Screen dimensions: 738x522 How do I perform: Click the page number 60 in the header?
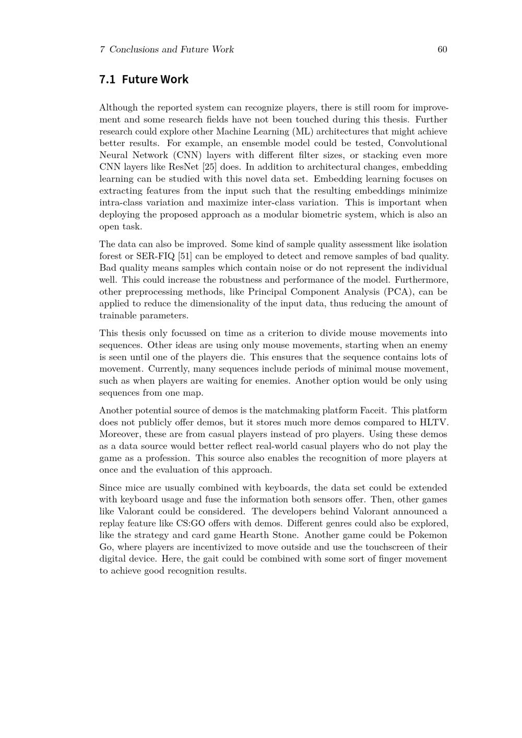tap(442, 50)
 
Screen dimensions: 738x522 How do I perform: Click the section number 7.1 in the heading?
tap(107, 79)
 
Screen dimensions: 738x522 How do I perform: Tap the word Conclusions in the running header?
tap(134, 50)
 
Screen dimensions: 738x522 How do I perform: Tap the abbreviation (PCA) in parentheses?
tap(399, 292)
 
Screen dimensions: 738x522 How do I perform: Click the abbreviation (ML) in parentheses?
tap(302, 132)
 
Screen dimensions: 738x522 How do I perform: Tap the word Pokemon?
tap(428, 535)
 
